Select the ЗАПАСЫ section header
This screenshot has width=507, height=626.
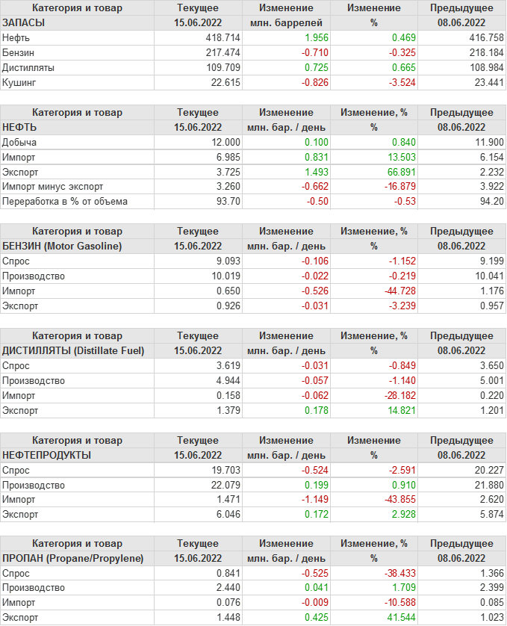point(24,22)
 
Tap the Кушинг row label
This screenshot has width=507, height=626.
point(19,82)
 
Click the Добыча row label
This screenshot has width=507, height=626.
point(19,142)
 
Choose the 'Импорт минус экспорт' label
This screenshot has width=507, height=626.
point(53,187)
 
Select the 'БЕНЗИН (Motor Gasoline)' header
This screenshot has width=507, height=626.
point(63,246)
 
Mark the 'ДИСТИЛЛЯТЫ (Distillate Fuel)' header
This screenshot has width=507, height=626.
point(73,350)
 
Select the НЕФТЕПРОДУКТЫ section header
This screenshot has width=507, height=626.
point(47,455)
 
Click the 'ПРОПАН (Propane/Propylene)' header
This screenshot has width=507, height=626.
point(73,559)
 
